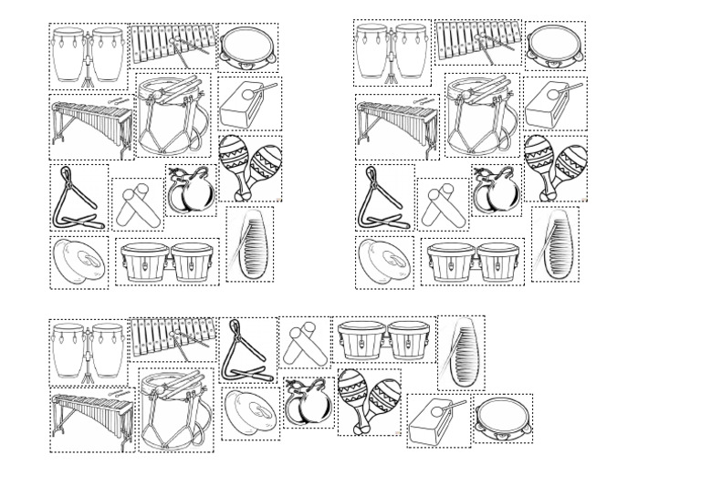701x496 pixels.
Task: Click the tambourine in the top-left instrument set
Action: pyautogui.click(x=248, y=47)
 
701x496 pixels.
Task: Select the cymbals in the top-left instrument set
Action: pyautogui.click(x=78, y=263)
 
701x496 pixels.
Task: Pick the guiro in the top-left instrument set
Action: pyautogui.click(x=249, y=243)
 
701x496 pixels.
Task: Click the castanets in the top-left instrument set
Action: pyautogui.click(x=190, y=191)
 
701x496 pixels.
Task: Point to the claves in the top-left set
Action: pyautogui.click(x=137, y=204)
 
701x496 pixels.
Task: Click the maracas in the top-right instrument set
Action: pyautogui.click(x=555, y=167)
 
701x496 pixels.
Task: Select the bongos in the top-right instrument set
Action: pyautogui.click(x=473, y=262)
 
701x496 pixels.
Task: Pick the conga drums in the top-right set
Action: pyautogui.click(x=391, y=53)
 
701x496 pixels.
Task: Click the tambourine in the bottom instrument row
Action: pyautogui.click(x=503, y=418)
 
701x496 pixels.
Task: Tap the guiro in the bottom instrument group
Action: pyautogui.click(x=460, y=354)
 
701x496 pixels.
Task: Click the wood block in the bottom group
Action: pyautogui.click(x=439, y=420)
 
